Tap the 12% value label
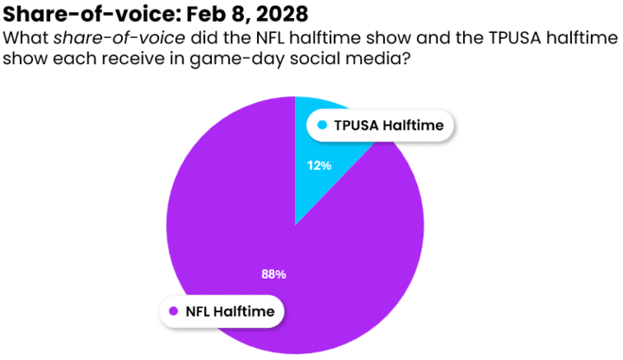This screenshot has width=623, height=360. point(319,164)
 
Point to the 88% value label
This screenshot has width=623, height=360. point(273,274)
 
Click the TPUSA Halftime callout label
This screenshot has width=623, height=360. point(381,125)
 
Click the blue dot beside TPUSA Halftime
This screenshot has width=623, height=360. point(323,125)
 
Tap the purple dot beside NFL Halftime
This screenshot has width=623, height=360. point(173,311)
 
